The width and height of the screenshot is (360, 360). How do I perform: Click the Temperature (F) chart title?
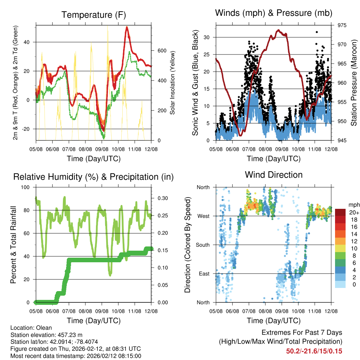point(94,15)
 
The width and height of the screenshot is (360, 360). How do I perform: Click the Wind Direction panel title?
point(274,174)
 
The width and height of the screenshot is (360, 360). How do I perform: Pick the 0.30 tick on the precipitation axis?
point(161,198)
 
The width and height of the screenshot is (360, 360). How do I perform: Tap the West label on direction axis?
point(203,216)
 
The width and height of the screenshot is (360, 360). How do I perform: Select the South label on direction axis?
point(202,245)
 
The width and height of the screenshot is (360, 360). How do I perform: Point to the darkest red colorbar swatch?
point(340,212)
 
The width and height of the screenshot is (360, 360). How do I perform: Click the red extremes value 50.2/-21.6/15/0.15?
point(314,351)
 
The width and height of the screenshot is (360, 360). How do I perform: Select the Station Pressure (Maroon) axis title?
point(354,83)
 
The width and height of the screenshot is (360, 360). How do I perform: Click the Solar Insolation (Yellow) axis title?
point(173,83)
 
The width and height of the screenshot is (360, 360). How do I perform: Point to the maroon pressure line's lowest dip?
point(240,135)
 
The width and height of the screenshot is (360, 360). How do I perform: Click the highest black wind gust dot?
point(317,32)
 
